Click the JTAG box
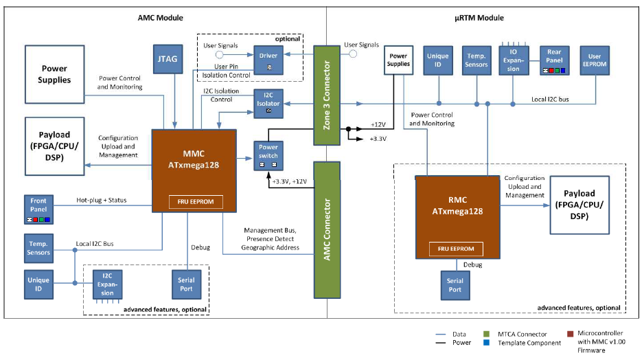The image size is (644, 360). click(x=167, y=59)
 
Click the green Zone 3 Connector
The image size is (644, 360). click(x=327, y=95)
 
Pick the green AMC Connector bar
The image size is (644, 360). click(x=327, y=216)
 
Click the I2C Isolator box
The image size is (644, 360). click(x=268, y=102)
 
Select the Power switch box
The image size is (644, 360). click(x=268, y=153)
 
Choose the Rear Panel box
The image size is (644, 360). click(x=554, y=60)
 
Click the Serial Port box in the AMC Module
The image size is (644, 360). click(x=186, y=284)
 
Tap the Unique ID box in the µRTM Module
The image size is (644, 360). click(x=437, y=60)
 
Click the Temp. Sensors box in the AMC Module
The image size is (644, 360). click(x=39, y=247)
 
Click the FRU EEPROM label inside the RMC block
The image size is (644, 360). click(x=456, y=248)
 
